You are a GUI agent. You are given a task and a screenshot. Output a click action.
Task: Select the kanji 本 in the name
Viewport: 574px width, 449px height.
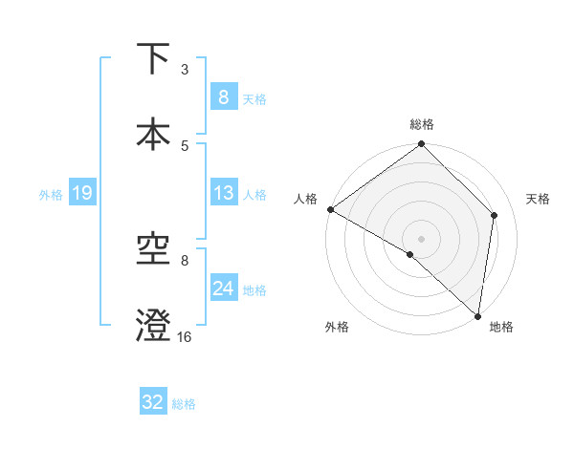pyautogui.click(x=153, y=134)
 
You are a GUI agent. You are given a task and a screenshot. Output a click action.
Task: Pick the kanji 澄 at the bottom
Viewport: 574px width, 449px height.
pyautogui.click(x=153, y=327)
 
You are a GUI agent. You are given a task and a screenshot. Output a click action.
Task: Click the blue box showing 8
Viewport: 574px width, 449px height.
pyautogui.click(x=223, y=97)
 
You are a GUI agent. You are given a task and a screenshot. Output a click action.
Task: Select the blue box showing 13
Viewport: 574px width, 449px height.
pyautogui.click(x=223, y=194)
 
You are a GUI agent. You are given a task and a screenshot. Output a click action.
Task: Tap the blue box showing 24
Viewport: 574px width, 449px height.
pyautogui.click(x=223, y=289)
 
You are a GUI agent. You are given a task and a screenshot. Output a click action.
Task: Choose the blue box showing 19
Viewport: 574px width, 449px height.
pyautogui.click(x=81, y=194)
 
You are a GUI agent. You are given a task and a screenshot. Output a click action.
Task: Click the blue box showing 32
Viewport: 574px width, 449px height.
pyautogui.click(x=153, y=402)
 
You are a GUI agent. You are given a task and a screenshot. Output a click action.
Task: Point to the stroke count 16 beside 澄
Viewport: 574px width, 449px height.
pyautogui.click(x=185, y=337)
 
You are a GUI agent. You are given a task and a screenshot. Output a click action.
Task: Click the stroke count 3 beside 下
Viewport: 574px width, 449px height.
pyautogui.click(x=185, y=70)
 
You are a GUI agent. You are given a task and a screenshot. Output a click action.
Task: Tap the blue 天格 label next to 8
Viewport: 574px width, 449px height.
pyautogui.click(x=254, y=98)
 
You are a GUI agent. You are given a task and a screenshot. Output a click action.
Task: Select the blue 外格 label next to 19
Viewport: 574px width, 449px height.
pyautogui.click(x=50, y=195)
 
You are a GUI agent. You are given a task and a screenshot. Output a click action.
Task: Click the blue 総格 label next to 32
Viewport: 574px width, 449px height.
pyautogui.click(x=185, y=404)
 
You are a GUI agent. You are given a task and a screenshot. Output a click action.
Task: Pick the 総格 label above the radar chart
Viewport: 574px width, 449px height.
pyautogui.click(x=421, y=124)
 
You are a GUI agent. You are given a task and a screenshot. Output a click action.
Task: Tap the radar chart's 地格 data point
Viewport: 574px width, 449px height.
pyautogui.click(x=478, y=316)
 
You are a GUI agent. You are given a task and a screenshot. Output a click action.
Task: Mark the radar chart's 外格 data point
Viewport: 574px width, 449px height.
pyautogui.click(x=409, y=255)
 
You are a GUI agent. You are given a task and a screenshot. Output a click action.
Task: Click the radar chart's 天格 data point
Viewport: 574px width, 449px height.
pyautogui.click(x=495, y=215)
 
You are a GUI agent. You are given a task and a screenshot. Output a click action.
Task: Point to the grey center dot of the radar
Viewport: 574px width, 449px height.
pyautogui.click(x=421, y=238)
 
